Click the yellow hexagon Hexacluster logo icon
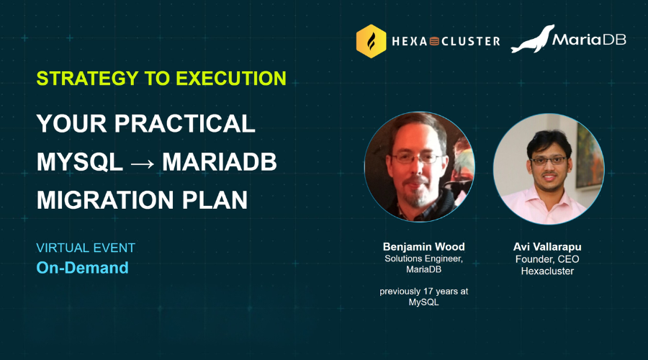(x=371, y=41)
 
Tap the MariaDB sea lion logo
(x=533, y=40)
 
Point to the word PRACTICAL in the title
(x=185, y=123)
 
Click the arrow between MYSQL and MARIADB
(x=143, y=163)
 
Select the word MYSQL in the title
(x=80, y=161)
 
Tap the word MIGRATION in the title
(x=105, y=200)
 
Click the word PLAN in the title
(x=215, y=200)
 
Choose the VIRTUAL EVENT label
(x=86, y=248)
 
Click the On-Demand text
(x=83, y=268)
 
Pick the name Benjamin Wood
(x=424, y=247)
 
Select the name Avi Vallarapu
(x=547, y=247)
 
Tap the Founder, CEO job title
(x=547, y=259)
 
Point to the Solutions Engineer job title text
(x=423, y=258)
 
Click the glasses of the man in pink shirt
(x=549, y=161)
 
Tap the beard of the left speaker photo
(x=417, y=194)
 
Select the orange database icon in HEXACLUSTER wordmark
(x=434, y=41)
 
